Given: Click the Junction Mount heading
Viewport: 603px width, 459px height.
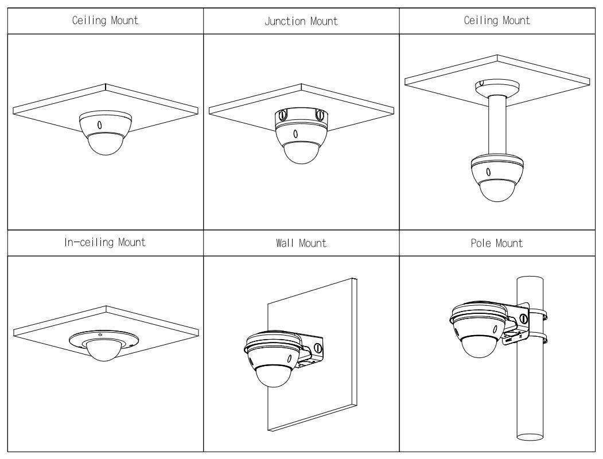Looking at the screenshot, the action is pos(301,21).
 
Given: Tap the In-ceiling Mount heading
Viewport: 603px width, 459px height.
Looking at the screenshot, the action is pos(105,242).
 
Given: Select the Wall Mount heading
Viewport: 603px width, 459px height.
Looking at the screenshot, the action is pos(301,243).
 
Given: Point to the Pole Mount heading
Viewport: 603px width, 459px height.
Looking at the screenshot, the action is pos(497,243).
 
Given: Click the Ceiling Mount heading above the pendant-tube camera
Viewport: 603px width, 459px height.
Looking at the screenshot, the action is pos(497,20).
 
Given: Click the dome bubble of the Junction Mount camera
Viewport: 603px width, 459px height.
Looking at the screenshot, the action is pos(302,153).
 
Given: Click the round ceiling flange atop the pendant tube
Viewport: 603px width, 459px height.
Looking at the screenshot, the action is pos(497,87).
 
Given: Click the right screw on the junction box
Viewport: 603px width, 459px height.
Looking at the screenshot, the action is pos(319,114).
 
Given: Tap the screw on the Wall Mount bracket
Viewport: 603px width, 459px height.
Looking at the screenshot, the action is pos(317,348).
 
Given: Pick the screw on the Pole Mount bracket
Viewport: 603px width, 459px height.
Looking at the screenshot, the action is pos(523,318).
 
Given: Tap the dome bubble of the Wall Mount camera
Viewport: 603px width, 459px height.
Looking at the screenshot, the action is pos(274,376).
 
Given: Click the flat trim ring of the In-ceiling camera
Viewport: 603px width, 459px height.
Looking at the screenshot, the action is pos(104,339).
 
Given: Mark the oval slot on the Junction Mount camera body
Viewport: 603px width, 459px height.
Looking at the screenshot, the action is pos(295,134).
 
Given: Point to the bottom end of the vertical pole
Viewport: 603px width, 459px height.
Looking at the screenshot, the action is pos(530,437).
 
